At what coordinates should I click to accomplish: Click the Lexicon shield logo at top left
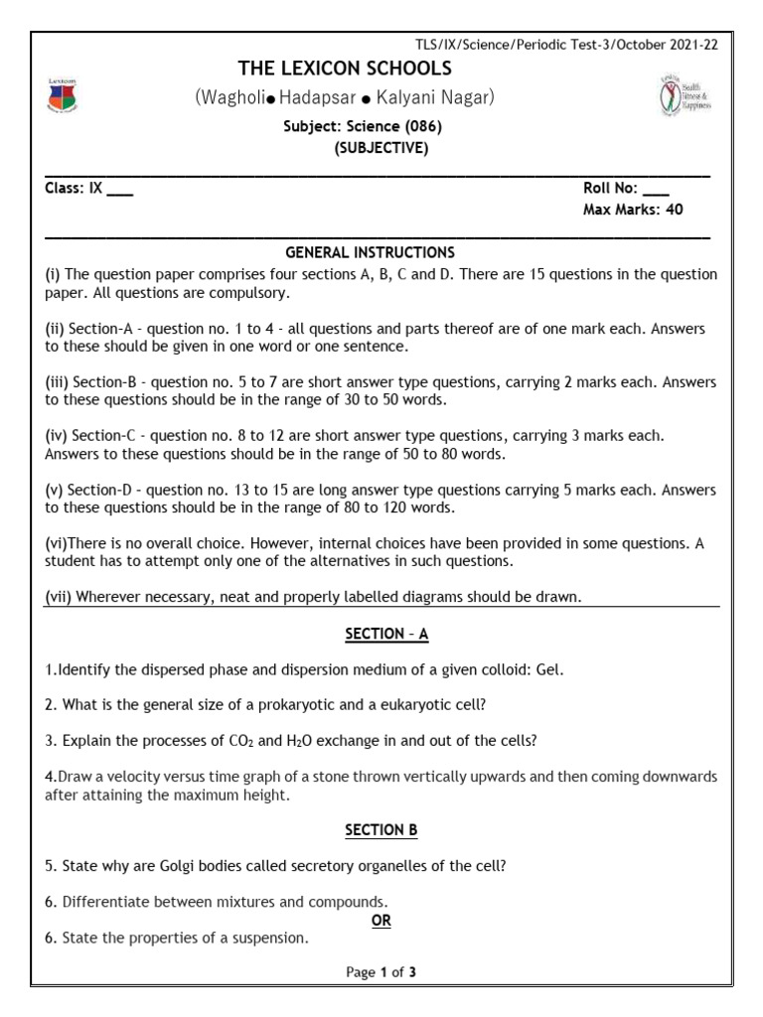click(62, 94)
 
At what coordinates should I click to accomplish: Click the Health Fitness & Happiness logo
click(686, 95)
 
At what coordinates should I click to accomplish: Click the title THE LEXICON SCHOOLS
click(344, 69)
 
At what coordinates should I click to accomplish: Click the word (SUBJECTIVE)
click(381, 148)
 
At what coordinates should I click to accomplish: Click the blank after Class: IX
click(119, 189)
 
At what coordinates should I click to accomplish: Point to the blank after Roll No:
click(656, 189)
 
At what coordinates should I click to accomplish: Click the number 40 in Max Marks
click(674, 210)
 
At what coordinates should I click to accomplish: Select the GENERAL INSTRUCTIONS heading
click(370, 252)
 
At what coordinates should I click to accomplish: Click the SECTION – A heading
click(386, 634)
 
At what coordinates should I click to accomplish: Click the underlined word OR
click(381, 921)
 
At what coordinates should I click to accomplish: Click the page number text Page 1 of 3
click(381, 972)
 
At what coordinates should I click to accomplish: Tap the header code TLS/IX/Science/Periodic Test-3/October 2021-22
click(567, 44)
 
